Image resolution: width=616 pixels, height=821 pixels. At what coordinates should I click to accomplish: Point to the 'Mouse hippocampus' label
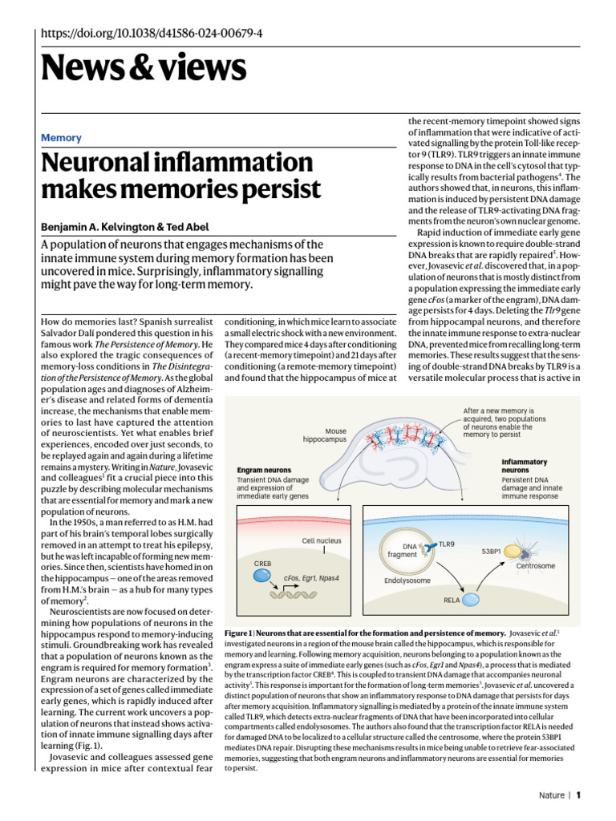click(325, 435)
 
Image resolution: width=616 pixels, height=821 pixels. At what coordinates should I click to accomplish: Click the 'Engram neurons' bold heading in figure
click(264, 470)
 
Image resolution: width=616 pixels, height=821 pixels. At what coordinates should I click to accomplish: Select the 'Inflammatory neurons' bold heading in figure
click(525, 466)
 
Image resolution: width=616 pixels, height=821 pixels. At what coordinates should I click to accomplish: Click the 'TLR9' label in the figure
click(446, 544)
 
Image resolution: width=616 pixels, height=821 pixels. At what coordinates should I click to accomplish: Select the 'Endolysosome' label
click(407, 580)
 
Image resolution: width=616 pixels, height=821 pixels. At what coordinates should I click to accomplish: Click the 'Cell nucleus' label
click(322, 540)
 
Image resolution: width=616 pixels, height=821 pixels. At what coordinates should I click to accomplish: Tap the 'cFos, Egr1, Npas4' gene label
click(314, 576)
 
